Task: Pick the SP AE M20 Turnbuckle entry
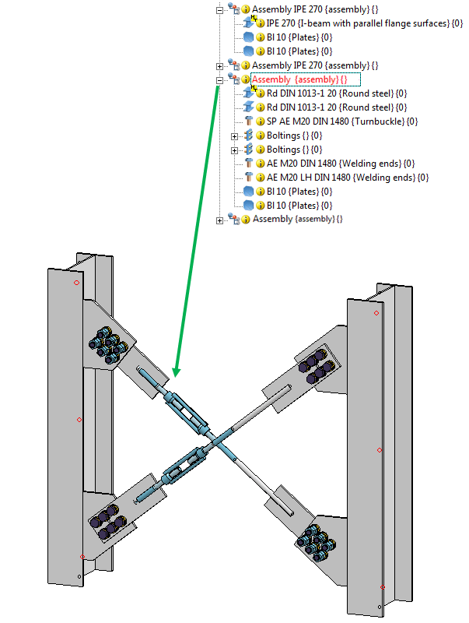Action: (342, 121)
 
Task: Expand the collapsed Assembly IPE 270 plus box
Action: (220, 65)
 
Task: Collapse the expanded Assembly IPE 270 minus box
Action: (220, 9)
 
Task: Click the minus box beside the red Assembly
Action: (220, 79)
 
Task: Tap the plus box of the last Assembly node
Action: (220, 220)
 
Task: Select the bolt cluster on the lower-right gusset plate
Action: (314, 542)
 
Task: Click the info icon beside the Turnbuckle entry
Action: (261, 121)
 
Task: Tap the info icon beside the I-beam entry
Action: (261, 23)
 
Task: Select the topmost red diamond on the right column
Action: (376, 313)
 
